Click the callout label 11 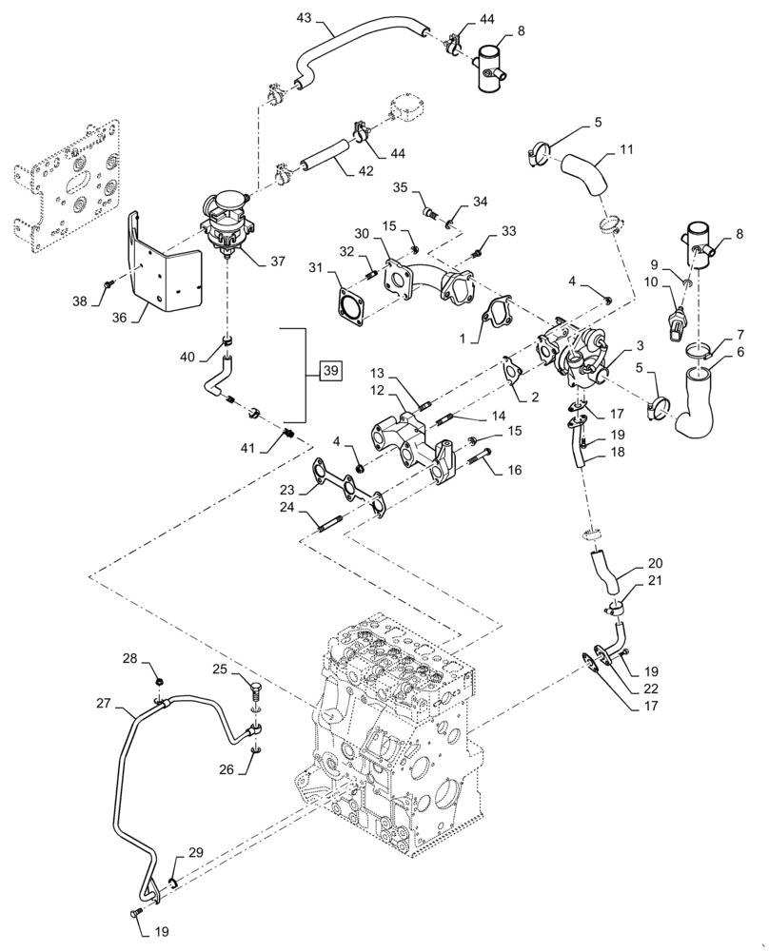pyautogui.click(x=626, y=150)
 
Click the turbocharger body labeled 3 pyautogui.click(x=574, y=356)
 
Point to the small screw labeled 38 pyautogui.click(x=112, y=282)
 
